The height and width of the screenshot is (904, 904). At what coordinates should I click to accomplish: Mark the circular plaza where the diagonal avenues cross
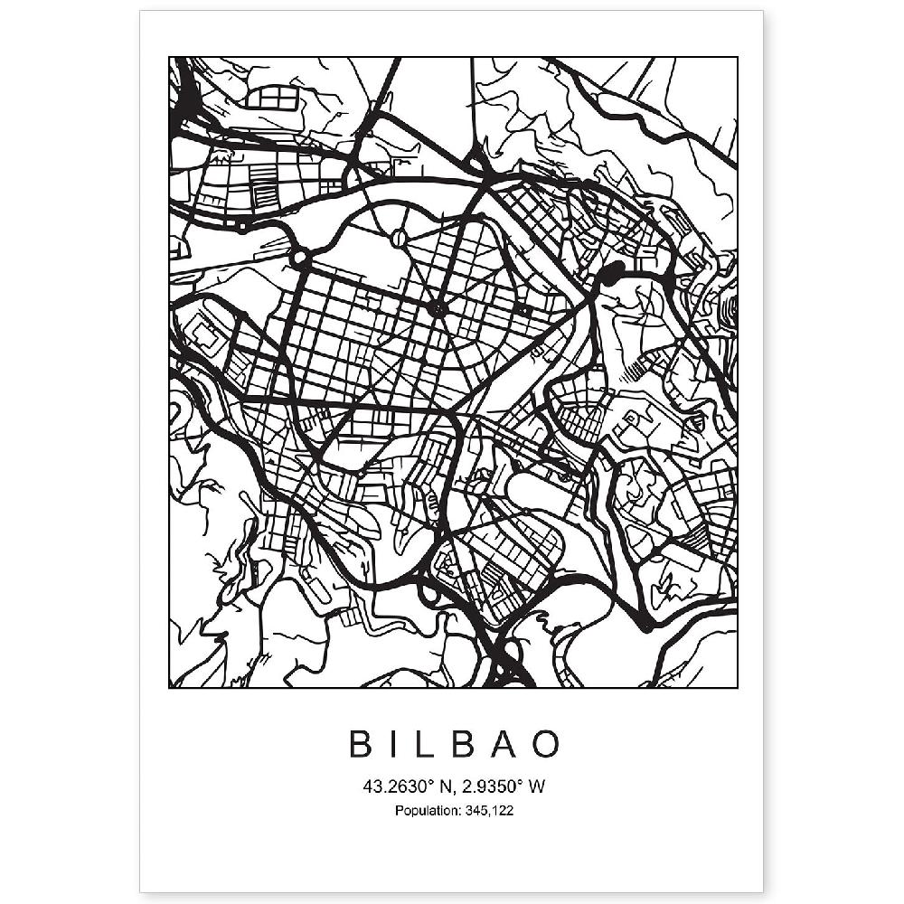[438, 310]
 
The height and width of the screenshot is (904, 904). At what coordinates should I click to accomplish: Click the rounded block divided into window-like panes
[278, 97]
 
